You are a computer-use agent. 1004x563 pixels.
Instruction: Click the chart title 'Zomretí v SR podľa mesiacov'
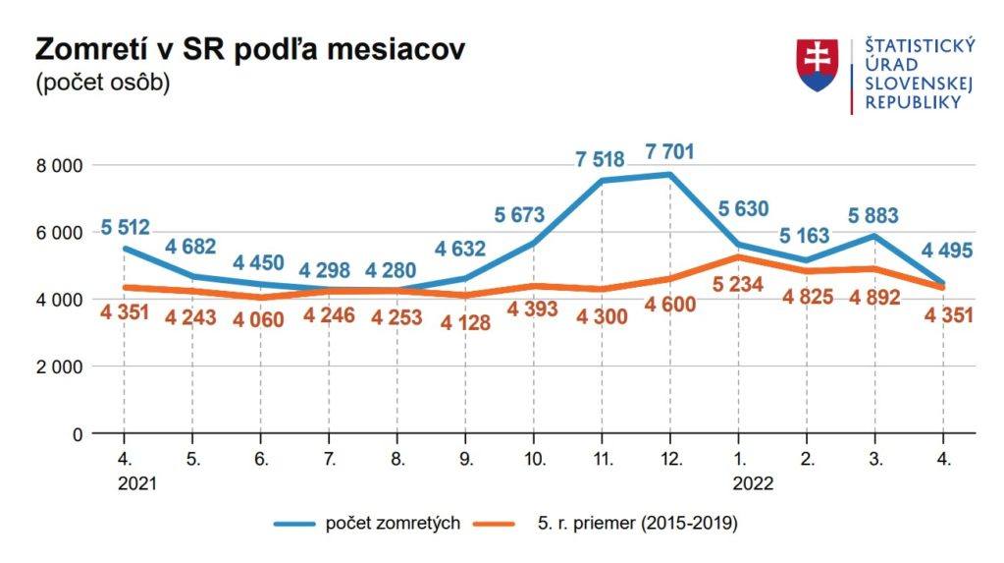click(x=249, y=49)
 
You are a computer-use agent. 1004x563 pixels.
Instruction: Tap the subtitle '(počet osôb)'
click(x=103, y=83)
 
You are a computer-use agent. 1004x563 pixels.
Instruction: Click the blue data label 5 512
click(x=126, y=228)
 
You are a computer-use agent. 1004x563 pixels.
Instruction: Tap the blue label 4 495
click(x=943, y=251)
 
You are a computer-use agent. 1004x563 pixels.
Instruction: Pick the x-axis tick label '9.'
click(x=466, y=460)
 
